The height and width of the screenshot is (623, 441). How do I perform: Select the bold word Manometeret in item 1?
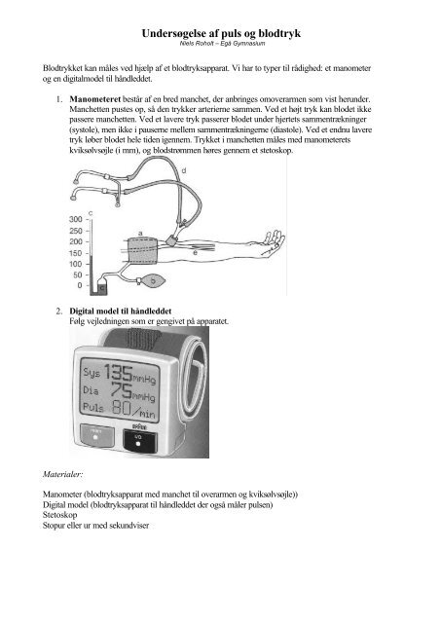click(x=95, y=99)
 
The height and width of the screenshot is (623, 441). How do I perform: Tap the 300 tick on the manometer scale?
click(x=76, y=219)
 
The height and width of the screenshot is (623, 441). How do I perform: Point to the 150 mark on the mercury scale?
click(x=76, y=253)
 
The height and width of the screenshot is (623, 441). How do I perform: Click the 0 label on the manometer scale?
click(x=80, y=285)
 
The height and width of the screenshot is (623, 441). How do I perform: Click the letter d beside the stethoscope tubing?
click(x=184, y=171)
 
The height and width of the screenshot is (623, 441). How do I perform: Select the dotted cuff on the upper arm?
click(x=143, y=251)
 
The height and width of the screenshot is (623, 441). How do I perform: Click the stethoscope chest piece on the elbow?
click(x=172, y=240)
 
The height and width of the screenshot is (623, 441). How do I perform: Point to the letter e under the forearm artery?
click(x=195, y=253)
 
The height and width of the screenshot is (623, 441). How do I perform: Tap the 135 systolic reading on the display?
click(x=118, y=373)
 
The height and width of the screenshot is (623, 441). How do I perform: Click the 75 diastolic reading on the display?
click(x=122, y=390)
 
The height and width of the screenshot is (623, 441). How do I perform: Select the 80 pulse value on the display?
click(x=121, y=407)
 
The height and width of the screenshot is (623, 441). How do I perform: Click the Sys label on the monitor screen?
click(x=92, y=372)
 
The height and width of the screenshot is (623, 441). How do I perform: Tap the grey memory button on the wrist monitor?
click(x=97, y=436)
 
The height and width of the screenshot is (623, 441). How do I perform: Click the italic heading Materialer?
click(x=62, y=474)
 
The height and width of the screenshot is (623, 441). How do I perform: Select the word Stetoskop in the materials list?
click(x=60, y=515)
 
